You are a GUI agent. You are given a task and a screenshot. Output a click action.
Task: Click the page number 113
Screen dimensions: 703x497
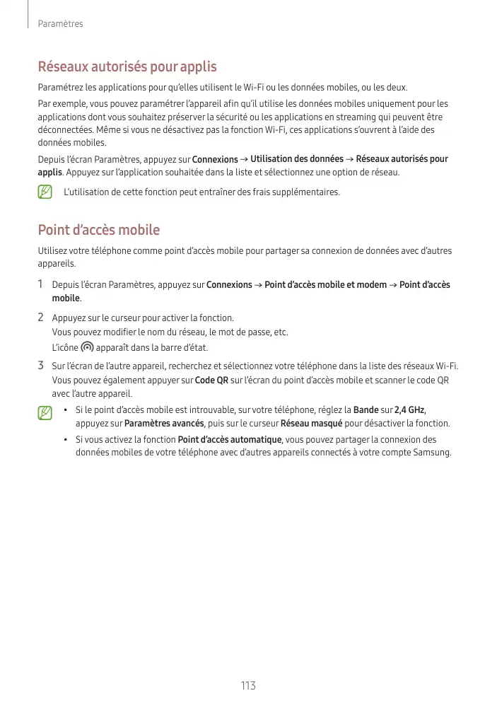pos(247,685)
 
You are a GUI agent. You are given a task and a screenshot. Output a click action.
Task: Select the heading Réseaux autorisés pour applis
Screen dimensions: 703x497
pos(127,67)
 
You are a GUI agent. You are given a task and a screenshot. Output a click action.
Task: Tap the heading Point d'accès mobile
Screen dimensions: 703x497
pos(98,230)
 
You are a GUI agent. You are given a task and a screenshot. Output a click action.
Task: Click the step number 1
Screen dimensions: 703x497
pos(41,284)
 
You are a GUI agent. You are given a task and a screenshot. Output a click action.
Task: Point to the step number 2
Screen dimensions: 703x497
pos(41,317)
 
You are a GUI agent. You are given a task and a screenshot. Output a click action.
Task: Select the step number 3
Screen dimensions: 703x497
pos(41,366)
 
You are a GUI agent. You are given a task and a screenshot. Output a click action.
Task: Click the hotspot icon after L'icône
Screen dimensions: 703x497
pos(87,347)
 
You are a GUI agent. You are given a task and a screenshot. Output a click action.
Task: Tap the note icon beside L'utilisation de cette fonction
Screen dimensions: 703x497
pos(45,192)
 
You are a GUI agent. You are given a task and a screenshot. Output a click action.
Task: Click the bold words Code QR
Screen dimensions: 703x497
pos(211,380)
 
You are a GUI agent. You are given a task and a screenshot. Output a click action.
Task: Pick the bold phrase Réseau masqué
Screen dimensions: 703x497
pos(311,424)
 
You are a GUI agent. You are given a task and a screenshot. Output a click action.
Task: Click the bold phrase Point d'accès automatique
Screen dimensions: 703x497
pos(230,439)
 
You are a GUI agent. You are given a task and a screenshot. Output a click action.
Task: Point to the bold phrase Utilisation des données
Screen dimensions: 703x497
pos(297,159)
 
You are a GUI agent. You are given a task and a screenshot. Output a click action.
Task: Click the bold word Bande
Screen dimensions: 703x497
pos(366,410)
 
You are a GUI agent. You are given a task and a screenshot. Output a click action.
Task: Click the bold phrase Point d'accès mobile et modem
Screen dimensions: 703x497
pos(325,285)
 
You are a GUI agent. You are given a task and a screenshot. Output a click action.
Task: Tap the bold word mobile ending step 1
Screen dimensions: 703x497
pos(66,298)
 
